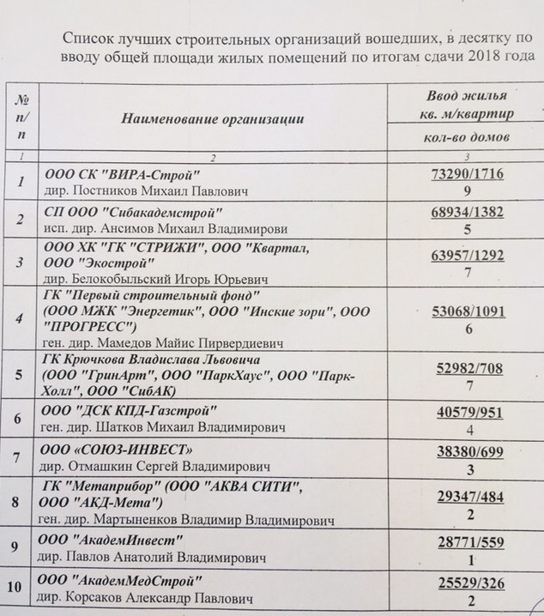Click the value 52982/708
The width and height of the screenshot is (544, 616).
click(468, 370)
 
